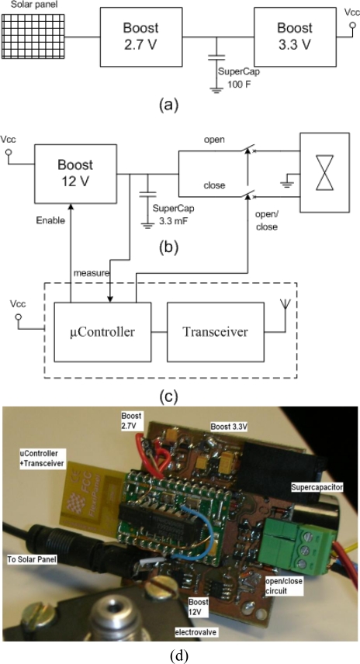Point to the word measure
click(x=92, y=273)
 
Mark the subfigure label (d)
click(x=179, y=654)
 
